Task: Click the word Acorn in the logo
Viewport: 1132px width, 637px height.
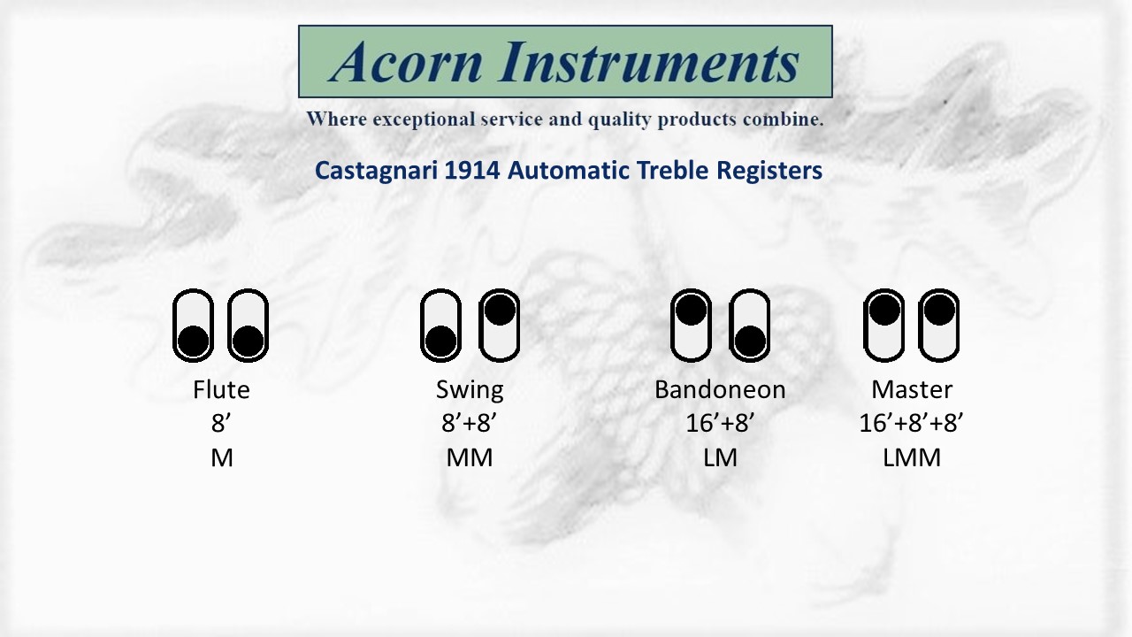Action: tap(406, 62)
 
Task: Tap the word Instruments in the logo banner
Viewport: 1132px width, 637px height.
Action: tap(649, 62)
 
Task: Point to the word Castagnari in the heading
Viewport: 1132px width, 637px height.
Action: tap(376, 171)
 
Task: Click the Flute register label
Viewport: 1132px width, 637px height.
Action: tap(221, 390)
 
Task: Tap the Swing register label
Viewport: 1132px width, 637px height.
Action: tap(470, 391)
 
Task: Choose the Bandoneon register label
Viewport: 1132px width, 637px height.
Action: tap(720, 390)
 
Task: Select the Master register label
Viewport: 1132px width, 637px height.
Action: tap(912, 390)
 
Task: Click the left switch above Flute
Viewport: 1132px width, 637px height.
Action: tap(193, 326)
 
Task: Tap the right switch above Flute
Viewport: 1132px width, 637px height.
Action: tap(248, 326)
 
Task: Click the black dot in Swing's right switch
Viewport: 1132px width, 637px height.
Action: tap(500, 310)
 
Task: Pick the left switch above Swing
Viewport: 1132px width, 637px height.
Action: tap(440, 326)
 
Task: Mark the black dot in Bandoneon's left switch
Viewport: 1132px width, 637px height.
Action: tap(691, 310)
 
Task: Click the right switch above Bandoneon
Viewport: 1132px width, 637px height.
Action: tap(749, 326)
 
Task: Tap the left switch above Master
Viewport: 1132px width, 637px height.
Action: tap(883, 326)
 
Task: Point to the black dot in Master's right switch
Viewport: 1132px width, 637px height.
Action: tap(939, 310)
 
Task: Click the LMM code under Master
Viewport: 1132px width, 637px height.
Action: tap(912, 458)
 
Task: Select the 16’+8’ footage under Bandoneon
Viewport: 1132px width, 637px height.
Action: tap(720, 423)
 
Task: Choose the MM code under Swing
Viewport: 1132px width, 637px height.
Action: tap(470, 458)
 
